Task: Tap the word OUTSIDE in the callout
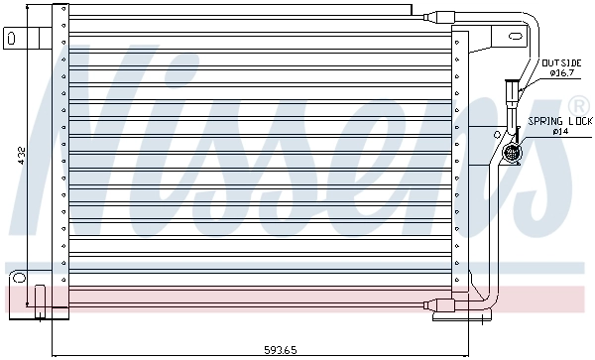560,61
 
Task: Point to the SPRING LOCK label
559,121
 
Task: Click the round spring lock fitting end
514,154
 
